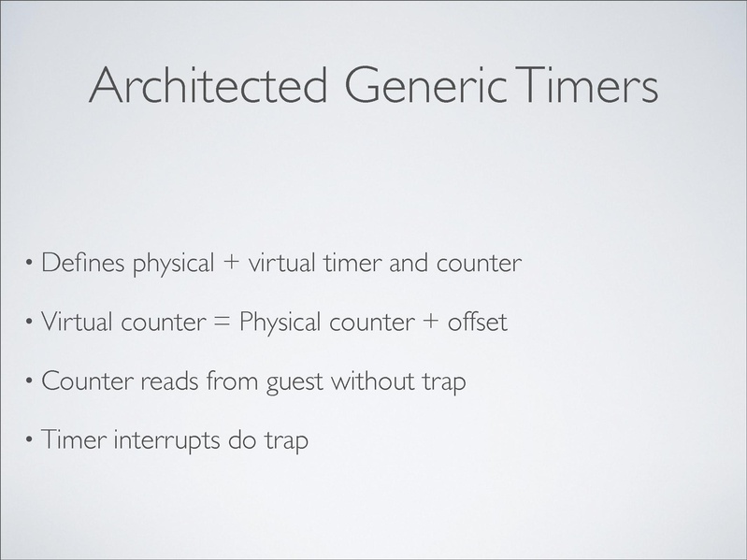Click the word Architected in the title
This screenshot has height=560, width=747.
coord(208,85)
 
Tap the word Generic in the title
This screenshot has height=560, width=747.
coord(426,85)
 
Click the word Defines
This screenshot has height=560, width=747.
coord(83,263)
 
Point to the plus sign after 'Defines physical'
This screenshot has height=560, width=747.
coord(231,264)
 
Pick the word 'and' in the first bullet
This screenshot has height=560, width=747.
coord(409,263)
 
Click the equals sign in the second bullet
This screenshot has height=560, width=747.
coord(223,322)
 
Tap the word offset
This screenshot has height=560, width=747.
coord(478,322)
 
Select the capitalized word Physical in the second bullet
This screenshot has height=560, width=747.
coord(280,322)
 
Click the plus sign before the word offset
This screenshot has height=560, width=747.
coord(430,322)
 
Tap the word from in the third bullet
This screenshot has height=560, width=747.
coord(232,381)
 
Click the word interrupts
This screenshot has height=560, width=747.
coord(166,439)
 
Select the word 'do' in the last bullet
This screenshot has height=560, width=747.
coord(242,439)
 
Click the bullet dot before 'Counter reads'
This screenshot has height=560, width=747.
coord(30,381)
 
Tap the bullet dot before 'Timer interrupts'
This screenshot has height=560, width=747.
coord(30,439)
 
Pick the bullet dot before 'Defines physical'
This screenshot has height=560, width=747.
coord(30,263)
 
